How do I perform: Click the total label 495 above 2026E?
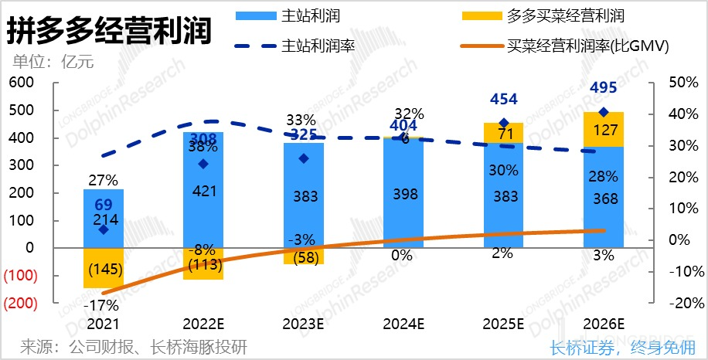pyautogui.click(x=604, y=88)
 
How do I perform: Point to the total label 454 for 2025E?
pyautogui.click(x=504, y=99)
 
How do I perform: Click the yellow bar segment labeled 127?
pyautogui.click(x=604, y=130)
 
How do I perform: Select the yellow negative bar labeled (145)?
pyautogui.click(x=103, y=269)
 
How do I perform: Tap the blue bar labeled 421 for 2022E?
pyautogui.click(x=203, y=190)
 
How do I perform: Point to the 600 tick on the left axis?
pyautogui.click(x=22, y=83)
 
